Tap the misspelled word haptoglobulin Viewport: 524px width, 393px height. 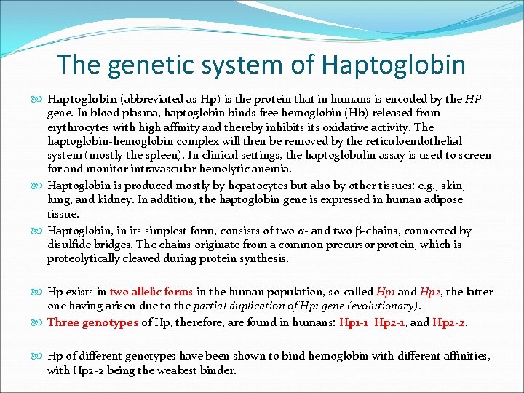point(340,155)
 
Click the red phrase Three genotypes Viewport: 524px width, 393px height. point(92,322)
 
